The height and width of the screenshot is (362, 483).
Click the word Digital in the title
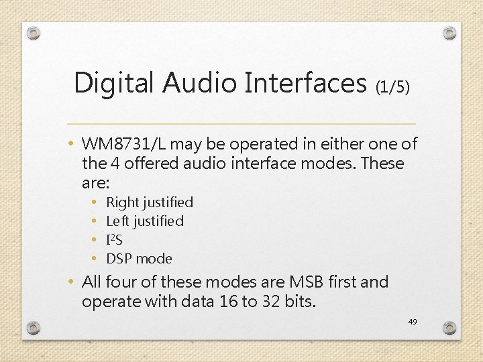tap(113, 83)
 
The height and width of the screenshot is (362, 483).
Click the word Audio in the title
tap(198, 83)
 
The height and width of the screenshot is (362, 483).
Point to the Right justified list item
tap(150, 202)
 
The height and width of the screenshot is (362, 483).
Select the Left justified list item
tap(145, 221)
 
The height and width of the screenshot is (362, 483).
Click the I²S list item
tap(115, 240)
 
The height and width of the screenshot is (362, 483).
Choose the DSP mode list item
tap(140, 259)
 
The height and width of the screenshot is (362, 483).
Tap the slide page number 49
tap(413, 322)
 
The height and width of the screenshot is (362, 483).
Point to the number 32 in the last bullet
tap(270, 302)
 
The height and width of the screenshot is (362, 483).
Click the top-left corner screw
tap(34, 33)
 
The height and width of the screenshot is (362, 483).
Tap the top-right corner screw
tap(449, 33)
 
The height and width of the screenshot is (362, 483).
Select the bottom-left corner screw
tap(34, 328)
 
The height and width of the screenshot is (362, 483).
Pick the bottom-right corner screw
tap(449, 328)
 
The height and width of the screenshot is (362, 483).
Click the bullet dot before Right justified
tap(93, 202)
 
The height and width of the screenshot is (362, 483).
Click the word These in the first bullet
tap(382, 163)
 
